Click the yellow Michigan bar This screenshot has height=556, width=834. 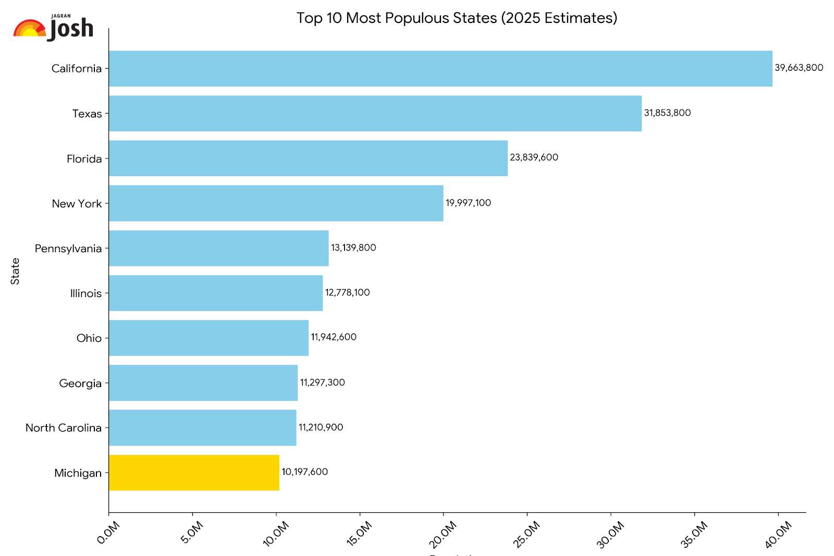point(194,473)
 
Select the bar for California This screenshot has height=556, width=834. point(440,68)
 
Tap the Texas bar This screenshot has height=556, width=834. point(375,113)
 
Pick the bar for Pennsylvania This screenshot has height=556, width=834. point(219,248)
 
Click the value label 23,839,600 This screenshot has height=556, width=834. point(534,157)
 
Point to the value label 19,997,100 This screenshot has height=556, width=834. point(468,203)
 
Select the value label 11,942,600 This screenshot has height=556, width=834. point(334,337)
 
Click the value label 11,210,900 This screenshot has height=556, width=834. point(321,427)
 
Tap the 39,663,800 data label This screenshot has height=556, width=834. point(799,68)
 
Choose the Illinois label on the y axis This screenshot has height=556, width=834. point(86,293)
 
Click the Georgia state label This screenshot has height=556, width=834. point(80,384)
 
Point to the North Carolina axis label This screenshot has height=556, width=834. point(64,428)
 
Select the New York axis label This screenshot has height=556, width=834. point(77,204)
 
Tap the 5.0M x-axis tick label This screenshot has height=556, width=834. point(192,533)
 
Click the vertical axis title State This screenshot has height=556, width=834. point(15,271)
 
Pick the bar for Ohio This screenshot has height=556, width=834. point(208,338)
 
